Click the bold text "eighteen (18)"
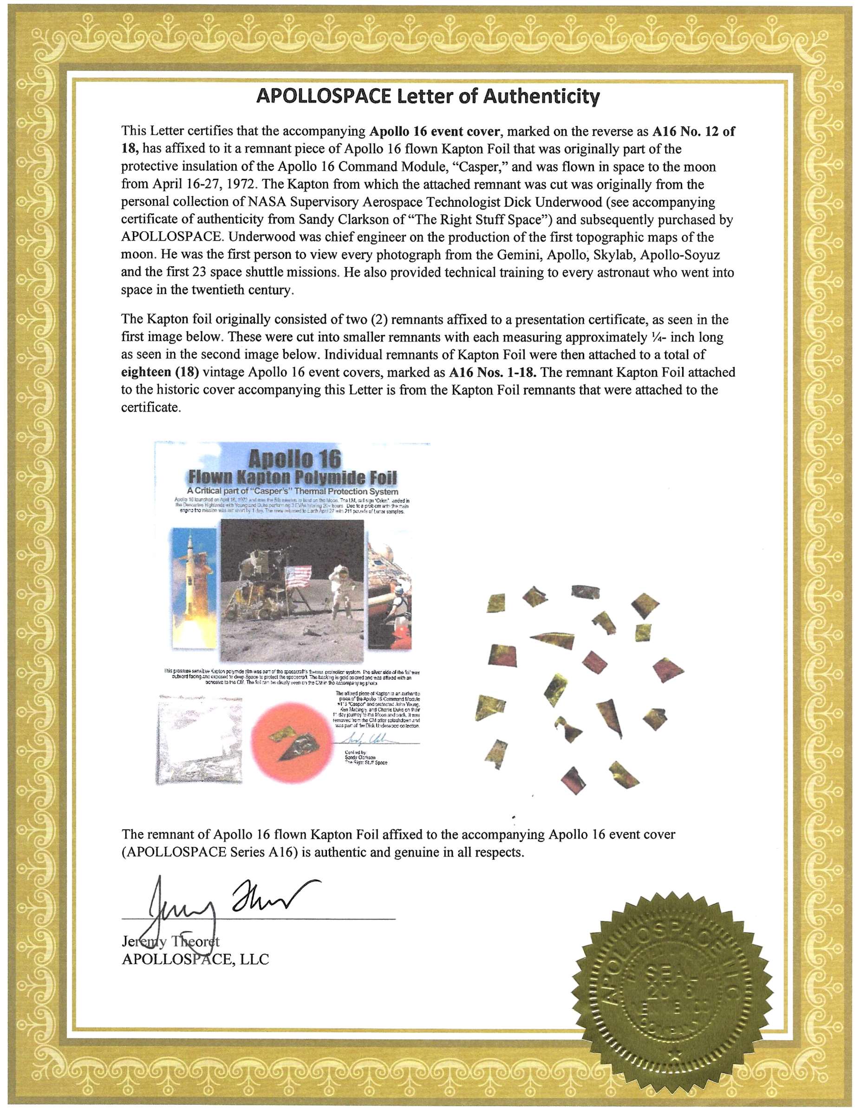point(160,372)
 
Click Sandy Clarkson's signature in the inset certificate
point(364,739)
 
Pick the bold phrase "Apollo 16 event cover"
point(434,131)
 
